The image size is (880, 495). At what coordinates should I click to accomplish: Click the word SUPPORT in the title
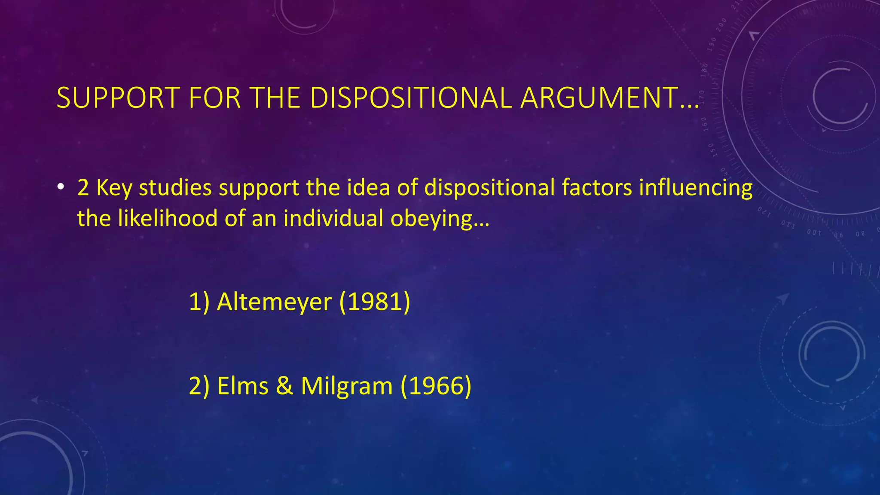click(118, 98)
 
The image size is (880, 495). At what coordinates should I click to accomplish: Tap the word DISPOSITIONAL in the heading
click(410, 98)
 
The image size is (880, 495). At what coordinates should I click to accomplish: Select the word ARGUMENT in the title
click(599, 98)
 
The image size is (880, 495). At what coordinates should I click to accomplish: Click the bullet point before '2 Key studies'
click(61, 187)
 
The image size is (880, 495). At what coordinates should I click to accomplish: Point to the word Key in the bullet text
click(114, 188)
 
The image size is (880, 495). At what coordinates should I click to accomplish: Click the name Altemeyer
click(274, 302)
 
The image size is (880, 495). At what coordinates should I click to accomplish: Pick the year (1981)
click(375, 302)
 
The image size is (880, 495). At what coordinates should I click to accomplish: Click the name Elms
click(243, 386)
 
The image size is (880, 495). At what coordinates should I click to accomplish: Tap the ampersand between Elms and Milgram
click(284, 386)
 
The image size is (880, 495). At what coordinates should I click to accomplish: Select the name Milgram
click(346, 386)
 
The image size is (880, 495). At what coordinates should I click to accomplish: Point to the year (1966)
click(436, 386)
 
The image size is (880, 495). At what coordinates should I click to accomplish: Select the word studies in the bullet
click(175, 188)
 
